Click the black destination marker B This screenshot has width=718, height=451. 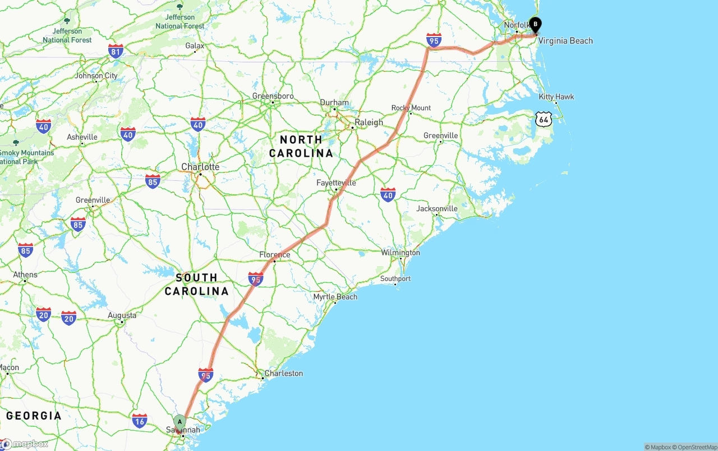click(x=536, y=25)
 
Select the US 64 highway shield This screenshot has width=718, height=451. click(x=543, y=119)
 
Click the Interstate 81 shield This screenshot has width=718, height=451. click(x=116, y=52)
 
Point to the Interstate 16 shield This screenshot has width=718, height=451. click(x=140, y=420)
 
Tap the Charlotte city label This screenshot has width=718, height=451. click(x=200, y=167)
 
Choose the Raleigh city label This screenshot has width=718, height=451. click(x=369, y=122)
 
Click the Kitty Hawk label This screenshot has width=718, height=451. click(x=556, y=97)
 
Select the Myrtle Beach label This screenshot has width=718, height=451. click(x=335, y=297)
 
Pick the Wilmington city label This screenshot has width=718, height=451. click(x=401, y=253)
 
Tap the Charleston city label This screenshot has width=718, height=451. click(x=284, y=373)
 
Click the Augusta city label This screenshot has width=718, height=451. click(x=122, y=316)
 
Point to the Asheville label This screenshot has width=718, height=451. click(x=82, y=137)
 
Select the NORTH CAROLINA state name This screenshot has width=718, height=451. click(x=301, y=146)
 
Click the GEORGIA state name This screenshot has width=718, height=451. click(x=34, y=416)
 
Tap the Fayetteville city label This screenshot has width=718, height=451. click(x=336, y=183)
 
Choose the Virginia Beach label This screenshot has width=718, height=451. click(x=565, y=40)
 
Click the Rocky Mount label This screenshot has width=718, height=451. click(x=411, y=108)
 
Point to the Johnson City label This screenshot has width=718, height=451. click(x=96, y=76)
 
